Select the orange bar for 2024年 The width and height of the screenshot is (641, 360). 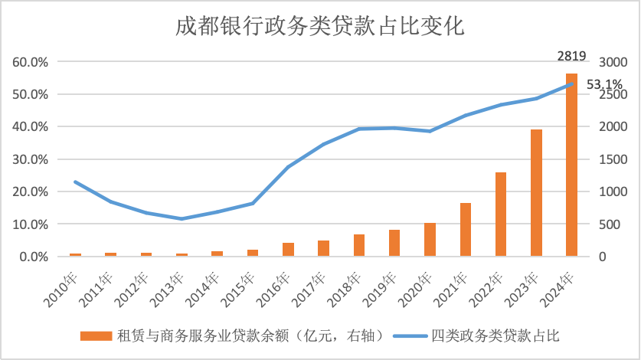pos(571,165)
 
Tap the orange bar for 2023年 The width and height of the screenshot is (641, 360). pos(536,193)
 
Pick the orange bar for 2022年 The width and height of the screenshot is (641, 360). pos(501,214)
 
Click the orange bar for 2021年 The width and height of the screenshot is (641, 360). pos(465,230)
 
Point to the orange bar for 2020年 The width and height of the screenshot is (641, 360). pos(430,240)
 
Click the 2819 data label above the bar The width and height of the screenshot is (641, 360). pos(571,55)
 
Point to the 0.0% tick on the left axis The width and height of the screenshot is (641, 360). pos(34,257)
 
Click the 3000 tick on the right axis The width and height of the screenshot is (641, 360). pos(613,62)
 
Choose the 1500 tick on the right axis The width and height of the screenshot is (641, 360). pos(613,159)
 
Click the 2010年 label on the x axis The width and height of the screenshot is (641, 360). pos(66,284)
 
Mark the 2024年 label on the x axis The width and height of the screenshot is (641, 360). pos(562,284)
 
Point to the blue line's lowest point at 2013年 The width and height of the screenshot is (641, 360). pos(182,218)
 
